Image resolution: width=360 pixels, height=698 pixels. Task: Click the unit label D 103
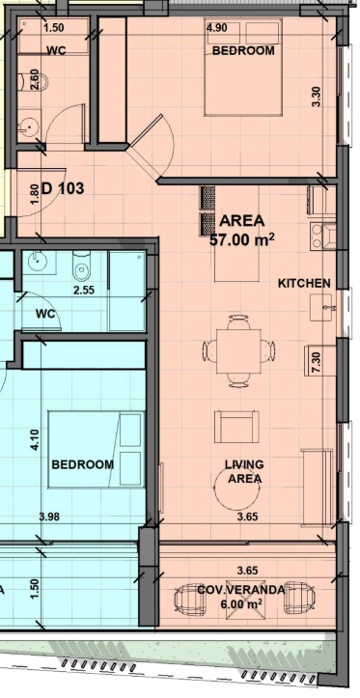coord(63,188)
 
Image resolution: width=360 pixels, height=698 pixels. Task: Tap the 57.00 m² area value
coord(241,240)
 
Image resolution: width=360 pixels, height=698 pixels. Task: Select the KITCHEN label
coord(304,283)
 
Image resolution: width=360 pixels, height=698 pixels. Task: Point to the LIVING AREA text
coord(244,471)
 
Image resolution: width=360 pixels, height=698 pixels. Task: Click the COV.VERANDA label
coord(240,590)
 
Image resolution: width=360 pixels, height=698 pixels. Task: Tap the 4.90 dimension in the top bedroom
coord(217,28)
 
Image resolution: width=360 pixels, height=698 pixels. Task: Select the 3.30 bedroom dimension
coord(317,97)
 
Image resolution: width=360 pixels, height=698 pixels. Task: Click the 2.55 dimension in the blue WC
coord(84,290)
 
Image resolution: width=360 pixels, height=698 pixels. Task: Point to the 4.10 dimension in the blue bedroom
coord(35,439)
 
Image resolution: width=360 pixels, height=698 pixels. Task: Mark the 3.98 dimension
coord(49,517)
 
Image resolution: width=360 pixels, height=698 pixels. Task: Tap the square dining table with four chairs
coord(238,350)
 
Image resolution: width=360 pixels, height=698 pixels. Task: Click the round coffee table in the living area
coord(236,490)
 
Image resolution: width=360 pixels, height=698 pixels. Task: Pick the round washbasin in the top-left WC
coord(29,126)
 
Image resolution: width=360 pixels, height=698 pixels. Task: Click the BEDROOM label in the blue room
coord(83,464)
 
